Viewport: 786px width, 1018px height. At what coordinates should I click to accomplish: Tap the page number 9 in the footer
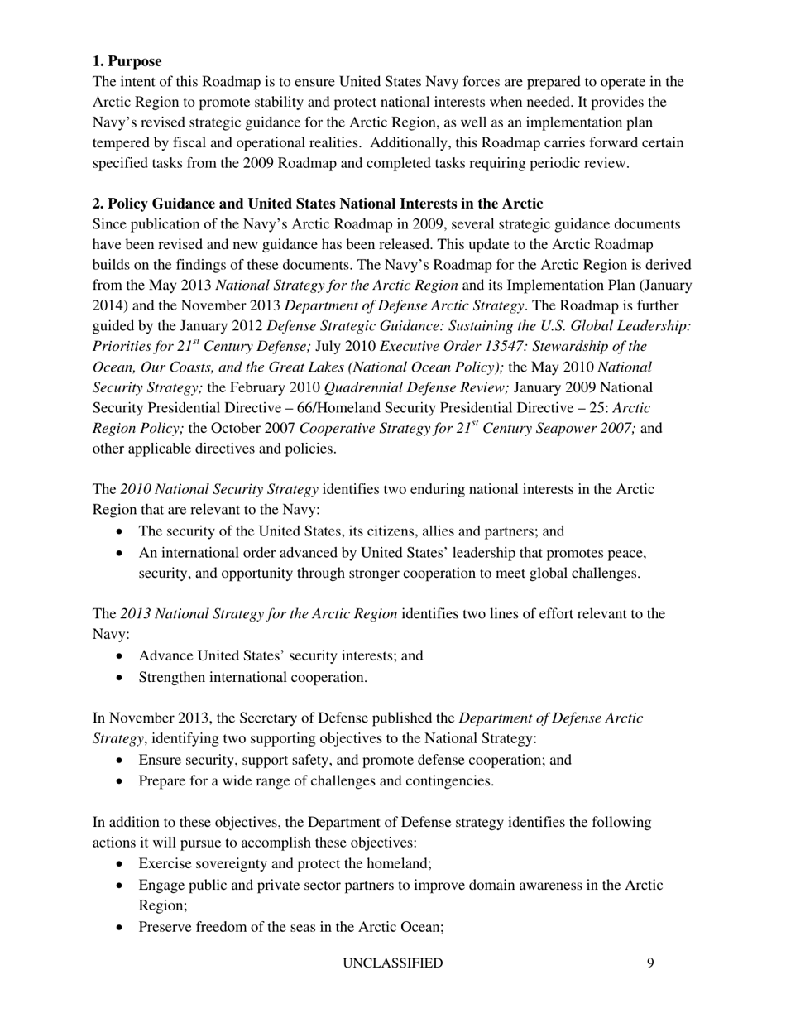[651, 963]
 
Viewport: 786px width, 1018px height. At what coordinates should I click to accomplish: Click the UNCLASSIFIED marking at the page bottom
[392, 963]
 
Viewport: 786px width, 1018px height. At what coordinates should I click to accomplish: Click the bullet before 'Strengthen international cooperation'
[123, 678]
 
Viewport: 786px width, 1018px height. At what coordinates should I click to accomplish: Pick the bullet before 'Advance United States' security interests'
[123, 656]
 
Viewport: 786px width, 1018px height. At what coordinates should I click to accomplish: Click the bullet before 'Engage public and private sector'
[123, 886]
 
